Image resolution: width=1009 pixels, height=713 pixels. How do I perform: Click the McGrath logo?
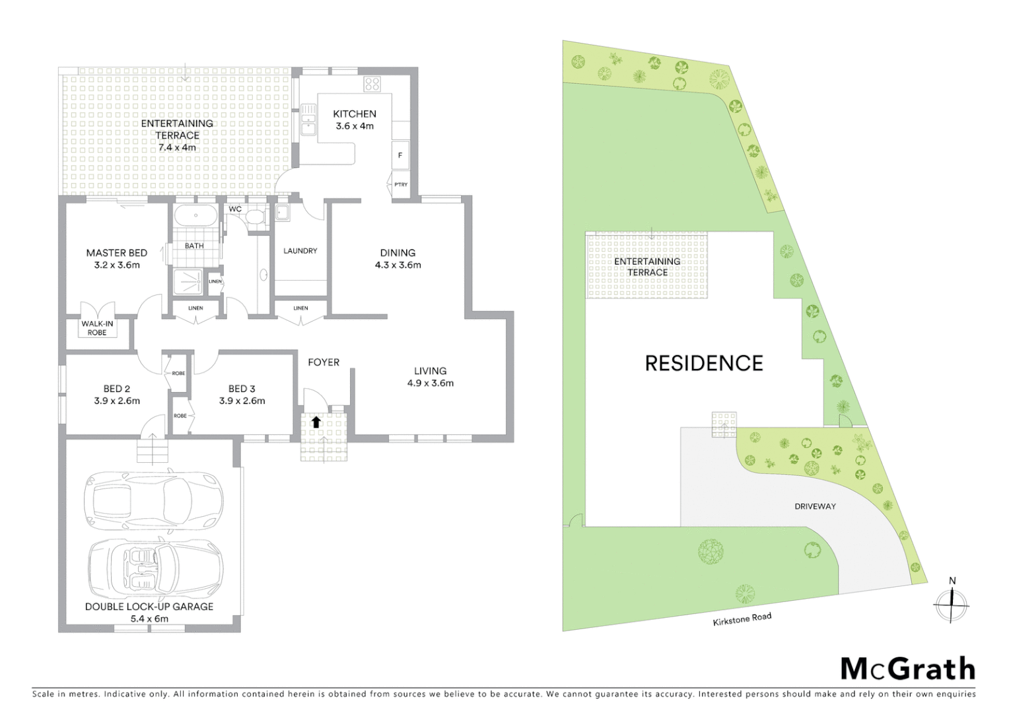pos(908,669)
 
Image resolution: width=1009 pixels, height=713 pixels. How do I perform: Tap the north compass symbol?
pos(952,602)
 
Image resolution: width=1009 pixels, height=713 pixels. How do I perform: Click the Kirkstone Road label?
pos(742,620)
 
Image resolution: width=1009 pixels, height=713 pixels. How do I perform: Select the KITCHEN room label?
pos(355,114)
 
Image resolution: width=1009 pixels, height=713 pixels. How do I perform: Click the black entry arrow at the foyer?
pos(316,422)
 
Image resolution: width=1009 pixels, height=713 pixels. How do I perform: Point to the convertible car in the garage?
pos(156,568)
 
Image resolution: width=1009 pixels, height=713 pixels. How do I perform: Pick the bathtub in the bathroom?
pos(195,217)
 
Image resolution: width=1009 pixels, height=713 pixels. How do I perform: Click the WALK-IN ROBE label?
pos(97,328)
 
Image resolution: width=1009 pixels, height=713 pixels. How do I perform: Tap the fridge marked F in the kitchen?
pos(400,156)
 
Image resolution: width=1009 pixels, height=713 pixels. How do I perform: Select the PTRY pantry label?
pos(401,185)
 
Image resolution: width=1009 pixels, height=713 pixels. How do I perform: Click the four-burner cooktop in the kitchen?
pos(372,84)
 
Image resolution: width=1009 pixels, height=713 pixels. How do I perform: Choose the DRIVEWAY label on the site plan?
pos(815,506)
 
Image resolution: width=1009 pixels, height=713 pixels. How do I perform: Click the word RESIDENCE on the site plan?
pos(704,363)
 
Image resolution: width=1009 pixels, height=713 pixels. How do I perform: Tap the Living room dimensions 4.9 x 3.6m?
pos(431,383)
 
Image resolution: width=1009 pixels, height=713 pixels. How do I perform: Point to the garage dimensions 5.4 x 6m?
pos(149,619)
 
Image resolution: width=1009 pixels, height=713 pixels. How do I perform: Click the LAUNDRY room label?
pos(300,251)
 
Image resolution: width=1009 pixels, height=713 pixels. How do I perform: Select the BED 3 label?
pos(242,389)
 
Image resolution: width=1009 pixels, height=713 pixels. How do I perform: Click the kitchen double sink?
pos(308,119)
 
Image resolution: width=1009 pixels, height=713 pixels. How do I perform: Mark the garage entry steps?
pos(153,453)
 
